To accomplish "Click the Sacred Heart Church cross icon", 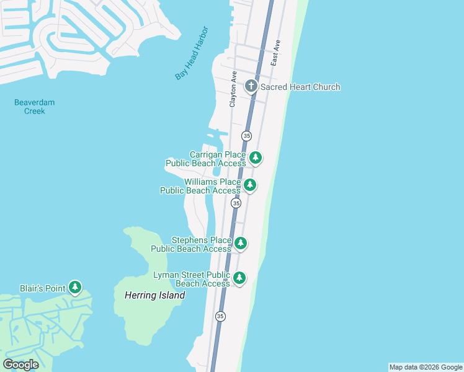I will (x=251, y=86).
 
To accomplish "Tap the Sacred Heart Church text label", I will (x=300, y=87).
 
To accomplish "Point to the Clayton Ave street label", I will (x=234, y=89).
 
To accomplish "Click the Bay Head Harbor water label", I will (x=192, y=53).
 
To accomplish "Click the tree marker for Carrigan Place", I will (x=255, y=158).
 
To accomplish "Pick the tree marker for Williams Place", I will (x=250, y=185).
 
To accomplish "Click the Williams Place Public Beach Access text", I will (x=200, y=186).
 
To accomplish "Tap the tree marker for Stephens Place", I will (x=241, y=244).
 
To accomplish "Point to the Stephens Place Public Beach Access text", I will (x=191, y=244).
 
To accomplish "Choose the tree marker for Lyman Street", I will (x=239, y=278).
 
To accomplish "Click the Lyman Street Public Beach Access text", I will (x=192, y=279).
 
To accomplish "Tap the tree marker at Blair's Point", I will (x=75, y=287).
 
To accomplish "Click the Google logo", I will (x=21, y=365).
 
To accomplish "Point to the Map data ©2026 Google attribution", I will (x=426, y=367).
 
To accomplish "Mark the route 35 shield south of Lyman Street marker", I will (x=220, y=316).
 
